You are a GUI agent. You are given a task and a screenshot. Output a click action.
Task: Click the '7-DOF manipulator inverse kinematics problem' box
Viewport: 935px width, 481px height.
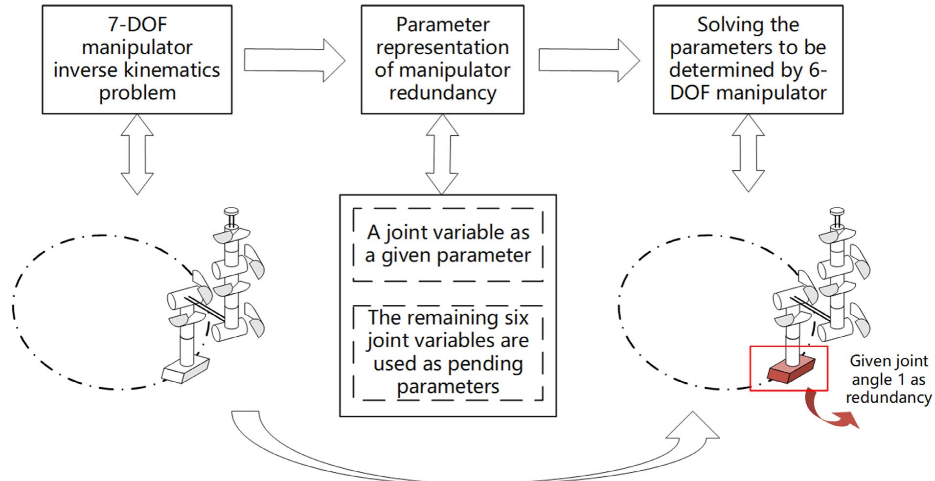click(x=137, y=59)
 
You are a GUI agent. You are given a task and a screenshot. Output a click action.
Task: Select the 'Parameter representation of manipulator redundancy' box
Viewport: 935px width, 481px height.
click(x=442, y=59)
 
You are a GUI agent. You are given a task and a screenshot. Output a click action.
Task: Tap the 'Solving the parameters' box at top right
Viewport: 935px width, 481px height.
click(x=748, y=59)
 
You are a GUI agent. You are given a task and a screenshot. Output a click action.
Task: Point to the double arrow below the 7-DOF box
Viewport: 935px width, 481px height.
click(x=137, y=154)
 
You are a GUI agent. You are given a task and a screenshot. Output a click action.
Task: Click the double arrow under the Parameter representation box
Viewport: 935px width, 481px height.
click(x=442, y=154)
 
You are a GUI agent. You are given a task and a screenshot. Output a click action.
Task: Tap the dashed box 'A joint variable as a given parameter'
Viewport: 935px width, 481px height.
click(x=448, y=244)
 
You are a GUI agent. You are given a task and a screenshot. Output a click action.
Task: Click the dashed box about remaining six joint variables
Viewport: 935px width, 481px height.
click(x=448, y=352)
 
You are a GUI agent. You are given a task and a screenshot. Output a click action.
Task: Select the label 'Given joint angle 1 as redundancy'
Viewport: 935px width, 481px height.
click(x=889, y=379)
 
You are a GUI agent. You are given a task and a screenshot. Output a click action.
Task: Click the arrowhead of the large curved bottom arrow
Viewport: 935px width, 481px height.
click(x=692, y=424)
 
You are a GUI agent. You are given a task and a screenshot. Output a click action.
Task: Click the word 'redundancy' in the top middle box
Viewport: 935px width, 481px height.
click(x=442, y=93)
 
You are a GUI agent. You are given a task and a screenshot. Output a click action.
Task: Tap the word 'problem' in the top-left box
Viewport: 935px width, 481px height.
click(x=137, y=93)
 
